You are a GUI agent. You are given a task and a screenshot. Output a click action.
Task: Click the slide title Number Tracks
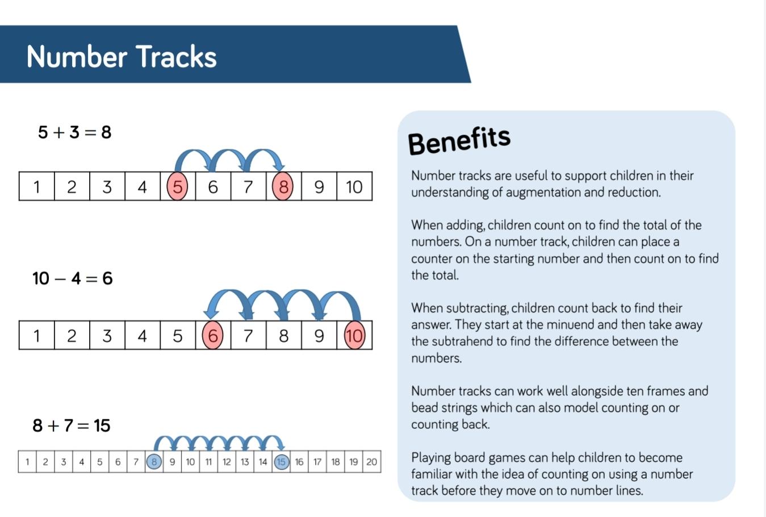pyautogui.click(x=122, y=56)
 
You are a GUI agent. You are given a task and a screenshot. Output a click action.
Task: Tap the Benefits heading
pyautogui.click(x=459, y=140)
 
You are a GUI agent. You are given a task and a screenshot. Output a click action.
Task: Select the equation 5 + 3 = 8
pyautogui.click(x=74, y=132)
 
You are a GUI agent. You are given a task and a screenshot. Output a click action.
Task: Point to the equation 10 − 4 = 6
pyautogui.click(x=73, y=278)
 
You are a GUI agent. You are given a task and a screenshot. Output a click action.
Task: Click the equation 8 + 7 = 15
pyautogui.click(x=72, y=426)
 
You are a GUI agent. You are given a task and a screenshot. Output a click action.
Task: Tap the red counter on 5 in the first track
pyautogui.click(x=177, y=186)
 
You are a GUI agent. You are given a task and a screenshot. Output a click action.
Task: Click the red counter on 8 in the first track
pyautogui.click(x=282, y=186)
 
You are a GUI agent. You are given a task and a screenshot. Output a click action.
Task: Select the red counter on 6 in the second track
pyautogui.click(x=212, y=335)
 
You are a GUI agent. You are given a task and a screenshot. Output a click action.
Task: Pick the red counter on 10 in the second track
pyautogui.click(x=354, y=335)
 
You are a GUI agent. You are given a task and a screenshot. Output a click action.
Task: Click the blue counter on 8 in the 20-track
pyautogui.click(x=154, y=462)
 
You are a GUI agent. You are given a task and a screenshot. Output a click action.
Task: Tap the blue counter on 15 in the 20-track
pyautogui.click(x=281, y=462)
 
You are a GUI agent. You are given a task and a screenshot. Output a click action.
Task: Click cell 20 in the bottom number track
pyautogui.click(x=372, y=462)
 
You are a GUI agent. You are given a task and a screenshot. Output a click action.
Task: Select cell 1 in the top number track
pyautogui.click(x=36, y=186)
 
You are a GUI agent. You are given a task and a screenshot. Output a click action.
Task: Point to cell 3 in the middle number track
pyautogui.click(x=107, y=335)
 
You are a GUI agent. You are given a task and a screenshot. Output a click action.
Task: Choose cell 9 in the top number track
pyautogui.click(x=319, y=186)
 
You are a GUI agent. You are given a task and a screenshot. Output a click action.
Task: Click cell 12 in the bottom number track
pyautogui.click(x=227, y=462)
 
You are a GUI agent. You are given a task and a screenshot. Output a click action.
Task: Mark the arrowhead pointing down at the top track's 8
pyautogui.click(x=280, y=167)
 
